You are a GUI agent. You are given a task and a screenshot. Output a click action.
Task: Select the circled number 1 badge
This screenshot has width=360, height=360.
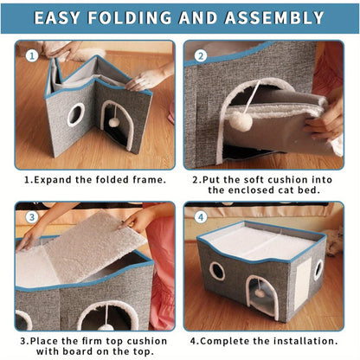pos(32,56)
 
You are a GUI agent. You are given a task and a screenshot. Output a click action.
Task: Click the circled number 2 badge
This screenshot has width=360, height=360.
pos(201,56)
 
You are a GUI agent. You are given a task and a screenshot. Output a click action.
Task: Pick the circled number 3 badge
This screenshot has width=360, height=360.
pos(32,217)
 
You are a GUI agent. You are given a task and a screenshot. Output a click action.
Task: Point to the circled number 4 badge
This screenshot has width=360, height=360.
pos(201,217)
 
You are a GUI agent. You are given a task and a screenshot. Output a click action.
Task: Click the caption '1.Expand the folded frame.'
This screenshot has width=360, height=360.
pos(94,180)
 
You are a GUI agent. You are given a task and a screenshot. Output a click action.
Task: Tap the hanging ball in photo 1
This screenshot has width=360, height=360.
pos(113,122)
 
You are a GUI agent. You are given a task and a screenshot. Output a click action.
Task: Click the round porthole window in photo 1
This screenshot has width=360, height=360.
pos(76,113)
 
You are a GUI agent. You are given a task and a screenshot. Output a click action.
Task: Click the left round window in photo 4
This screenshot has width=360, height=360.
pos(217,270)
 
